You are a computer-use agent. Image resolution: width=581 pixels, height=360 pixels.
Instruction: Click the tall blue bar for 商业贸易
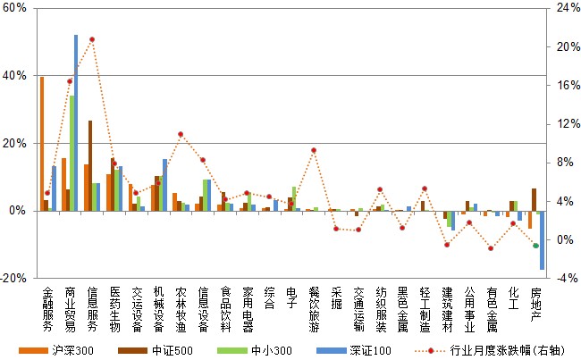(76, 122)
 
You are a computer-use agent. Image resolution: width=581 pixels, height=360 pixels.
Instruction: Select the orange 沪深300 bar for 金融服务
(42, 143)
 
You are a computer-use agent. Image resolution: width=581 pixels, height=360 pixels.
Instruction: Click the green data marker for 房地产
(535, 246)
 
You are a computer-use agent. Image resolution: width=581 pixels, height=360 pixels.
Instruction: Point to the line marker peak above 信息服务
(92, 39)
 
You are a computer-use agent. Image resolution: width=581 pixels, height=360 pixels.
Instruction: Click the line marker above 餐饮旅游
(314, 150)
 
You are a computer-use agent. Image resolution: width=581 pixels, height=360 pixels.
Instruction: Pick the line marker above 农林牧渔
(181, 134)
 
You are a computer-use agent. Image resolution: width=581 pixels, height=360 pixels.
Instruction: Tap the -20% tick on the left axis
(14, 278)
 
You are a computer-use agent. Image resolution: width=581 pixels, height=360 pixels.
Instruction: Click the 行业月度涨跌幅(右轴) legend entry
(504, 350)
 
